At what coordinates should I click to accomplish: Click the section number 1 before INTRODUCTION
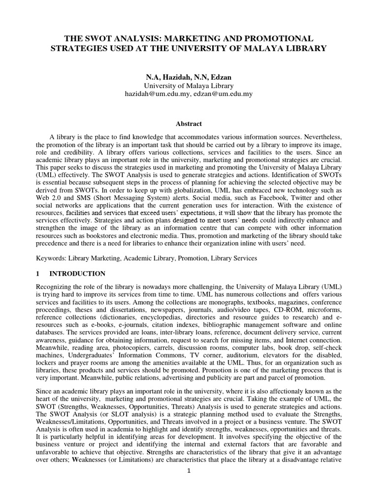pos(38,274)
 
